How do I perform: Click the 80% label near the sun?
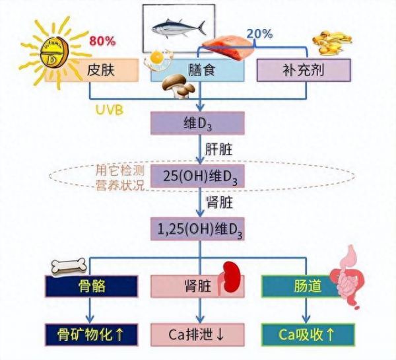pos(102,41)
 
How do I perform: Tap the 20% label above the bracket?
pos(259,34)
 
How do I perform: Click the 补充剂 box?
pos(304,70)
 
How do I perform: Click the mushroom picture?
pos(178,86)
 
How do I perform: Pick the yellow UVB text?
pos(110,110)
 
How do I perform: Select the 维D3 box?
pos(197,123)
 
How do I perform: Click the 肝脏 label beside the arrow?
pos(218,150)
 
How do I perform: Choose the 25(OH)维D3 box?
pos(197,176)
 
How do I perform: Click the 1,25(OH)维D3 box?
pos(197,229)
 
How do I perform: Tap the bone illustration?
pos(69,267)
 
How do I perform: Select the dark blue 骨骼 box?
pos(92,286)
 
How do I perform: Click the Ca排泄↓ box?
pos(197,334)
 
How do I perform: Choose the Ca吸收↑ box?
pos(308,334)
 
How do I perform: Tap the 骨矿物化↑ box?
pos(92,334)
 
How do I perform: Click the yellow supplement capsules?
pos(332,43)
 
